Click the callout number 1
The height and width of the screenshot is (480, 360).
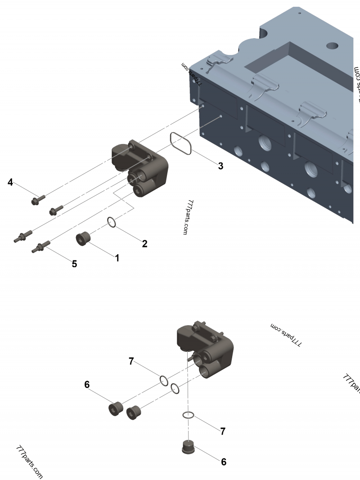coord(117,258)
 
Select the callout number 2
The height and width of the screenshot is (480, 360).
coord(144,244)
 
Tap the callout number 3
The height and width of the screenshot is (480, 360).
coord(220,166)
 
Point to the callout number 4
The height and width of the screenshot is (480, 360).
coord(10,182)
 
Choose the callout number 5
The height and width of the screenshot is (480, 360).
coord(75,264)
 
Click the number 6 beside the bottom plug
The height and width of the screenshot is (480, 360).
coord(224,462)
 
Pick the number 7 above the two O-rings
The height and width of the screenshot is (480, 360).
coord(131,361)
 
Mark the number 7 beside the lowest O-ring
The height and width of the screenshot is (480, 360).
coord(222,431)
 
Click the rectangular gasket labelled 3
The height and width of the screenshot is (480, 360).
coord(182,144)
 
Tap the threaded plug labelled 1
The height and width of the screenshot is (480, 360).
coord(83,239)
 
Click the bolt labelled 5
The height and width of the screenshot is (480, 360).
coord(40,246)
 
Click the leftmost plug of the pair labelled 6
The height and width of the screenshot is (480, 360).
coord(116,408)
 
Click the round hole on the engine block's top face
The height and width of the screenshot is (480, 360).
coord(333,45)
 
